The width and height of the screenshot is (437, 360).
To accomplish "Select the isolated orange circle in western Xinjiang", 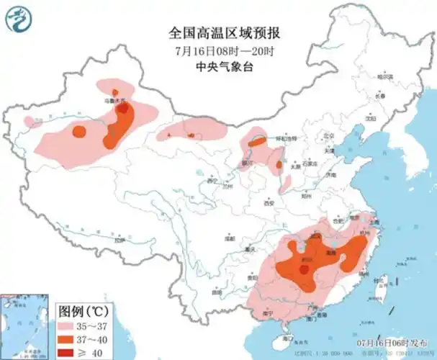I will point(78,131).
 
